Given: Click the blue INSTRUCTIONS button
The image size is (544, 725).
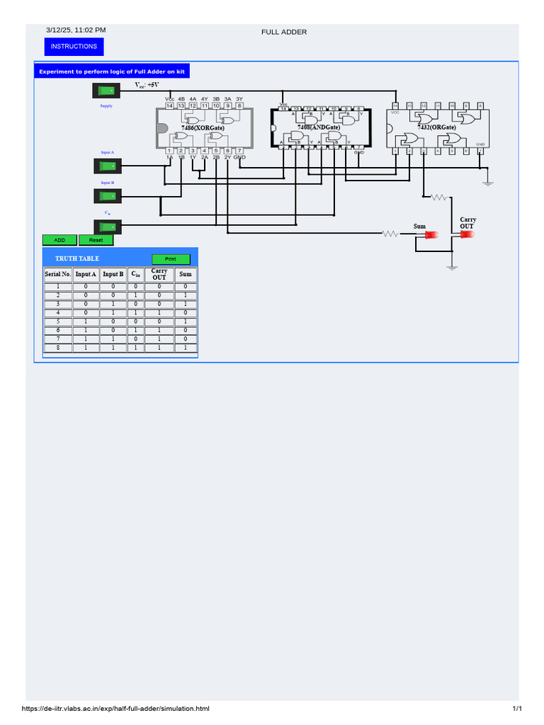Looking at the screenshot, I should point(74,47).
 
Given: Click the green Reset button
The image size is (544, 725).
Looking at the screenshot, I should point(96,240).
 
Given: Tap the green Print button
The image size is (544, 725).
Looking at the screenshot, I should point(171,259).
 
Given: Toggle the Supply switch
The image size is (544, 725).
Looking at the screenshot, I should point(107,90).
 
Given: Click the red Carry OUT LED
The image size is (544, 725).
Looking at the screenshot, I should point(467,234).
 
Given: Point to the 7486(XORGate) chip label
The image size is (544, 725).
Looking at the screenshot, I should point(203,127).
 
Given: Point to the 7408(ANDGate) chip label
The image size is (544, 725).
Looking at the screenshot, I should point(319,127).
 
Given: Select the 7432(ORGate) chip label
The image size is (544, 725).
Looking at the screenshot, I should point(436,127).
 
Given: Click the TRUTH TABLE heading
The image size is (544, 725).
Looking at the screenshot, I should point(77,259).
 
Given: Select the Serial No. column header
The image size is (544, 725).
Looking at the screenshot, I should point(57,274).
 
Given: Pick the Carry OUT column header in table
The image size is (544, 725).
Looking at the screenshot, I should point(159,274).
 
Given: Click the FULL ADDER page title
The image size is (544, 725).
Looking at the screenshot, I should point(284,32).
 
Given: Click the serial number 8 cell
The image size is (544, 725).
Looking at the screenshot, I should point(57,348).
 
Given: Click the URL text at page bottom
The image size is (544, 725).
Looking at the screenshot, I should point(116,709).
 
